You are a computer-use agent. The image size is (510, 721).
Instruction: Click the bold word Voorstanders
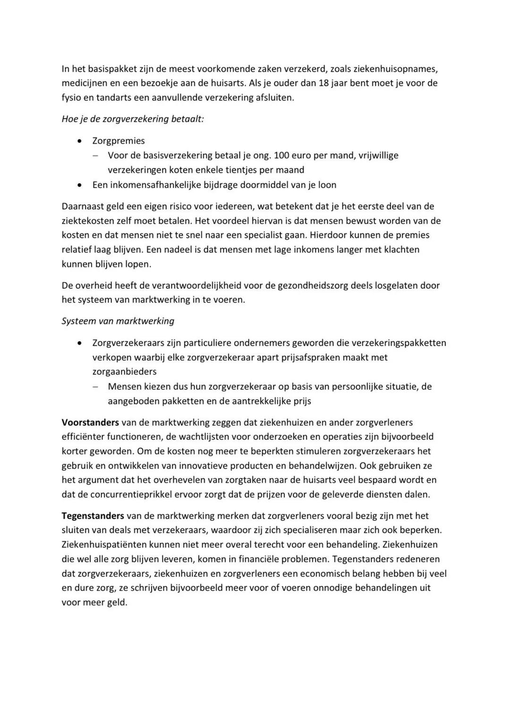point(90,422)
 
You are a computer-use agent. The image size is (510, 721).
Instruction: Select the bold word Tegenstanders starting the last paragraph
point(93,516)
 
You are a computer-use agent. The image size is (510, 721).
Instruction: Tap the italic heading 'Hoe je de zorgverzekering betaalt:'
point(133,119)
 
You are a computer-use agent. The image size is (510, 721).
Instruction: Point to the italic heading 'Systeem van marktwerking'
point(118,321)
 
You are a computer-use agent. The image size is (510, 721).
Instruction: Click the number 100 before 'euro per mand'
point(281,155)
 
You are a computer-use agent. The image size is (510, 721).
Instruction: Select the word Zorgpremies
point(119,141)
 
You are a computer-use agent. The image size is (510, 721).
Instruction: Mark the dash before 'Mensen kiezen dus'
point(96,387)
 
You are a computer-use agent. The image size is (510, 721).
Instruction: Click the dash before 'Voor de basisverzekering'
point(96,155)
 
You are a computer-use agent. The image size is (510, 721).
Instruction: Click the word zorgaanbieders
point(125,372)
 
